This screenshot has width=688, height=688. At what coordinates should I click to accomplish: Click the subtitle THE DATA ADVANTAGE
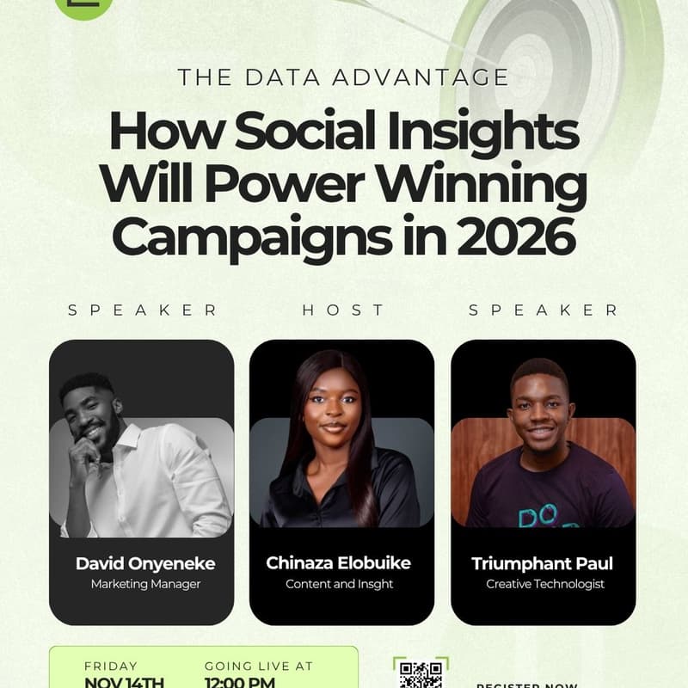343,77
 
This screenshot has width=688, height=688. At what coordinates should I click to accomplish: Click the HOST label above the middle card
343,310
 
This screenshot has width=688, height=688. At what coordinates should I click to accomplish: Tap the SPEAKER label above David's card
143,310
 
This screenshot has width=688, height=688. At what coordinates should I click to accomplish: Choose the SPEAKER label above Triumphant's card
544,310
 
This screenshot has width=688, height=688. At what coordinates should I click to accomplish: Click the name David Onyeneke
145,564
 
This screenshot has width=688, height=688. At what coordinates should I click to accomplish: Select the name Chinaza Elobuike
338,563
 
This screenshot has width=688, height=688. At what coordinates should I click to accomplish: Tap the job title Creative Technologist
545,585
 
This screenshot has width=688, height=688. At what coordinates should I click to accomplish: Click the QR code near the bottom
421,673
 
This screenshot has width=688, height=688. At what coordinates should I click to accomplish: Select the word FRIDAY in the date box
111,666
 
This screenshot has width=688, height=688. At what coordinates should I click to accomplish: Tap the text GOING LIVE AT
258,666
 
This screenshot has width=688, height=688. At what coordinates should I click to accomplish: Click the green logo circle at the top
83,5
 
